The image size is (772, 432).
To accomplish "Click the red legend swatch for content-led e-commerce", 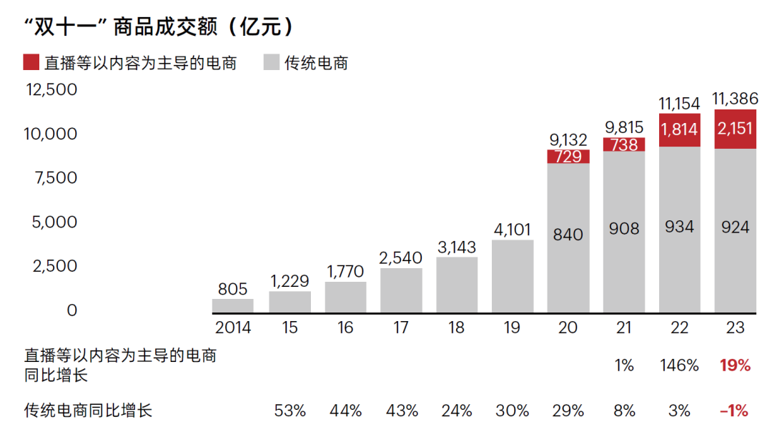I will pos(31,62).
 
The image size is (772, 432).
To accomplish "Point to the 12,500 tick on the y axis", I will pos(51,89).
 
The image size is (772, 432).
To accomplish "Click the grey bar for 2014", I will pos(233,305).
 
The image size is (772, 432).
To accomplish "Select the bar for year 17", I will pos(401,290).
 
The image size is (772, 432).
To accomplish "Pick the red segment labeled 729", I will pos(568,157).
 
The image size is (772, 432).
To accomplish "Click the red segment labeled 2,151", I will pos(735,129).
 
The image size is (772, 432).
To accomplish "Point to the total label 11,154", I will pos(679,104).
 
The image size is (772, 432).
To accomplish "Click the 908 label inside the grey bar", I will pos(624,229).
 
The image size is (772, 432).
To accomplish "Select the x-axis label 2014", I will pos(233,328).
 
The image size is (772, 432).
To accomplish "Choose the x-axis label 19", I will pos(513,328).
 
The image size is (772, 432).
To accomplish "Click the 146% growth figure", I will pos(679,366).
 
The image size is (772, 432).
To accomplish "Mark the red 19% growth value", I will pos(735,366).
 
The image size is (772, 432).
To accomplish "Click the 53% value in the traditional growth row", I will pos(290,411).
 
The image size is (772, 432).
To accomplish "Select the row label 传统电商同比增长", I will pos(89,411).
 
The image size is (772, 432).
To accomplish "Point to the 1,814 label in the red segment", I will pos(679,129).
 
